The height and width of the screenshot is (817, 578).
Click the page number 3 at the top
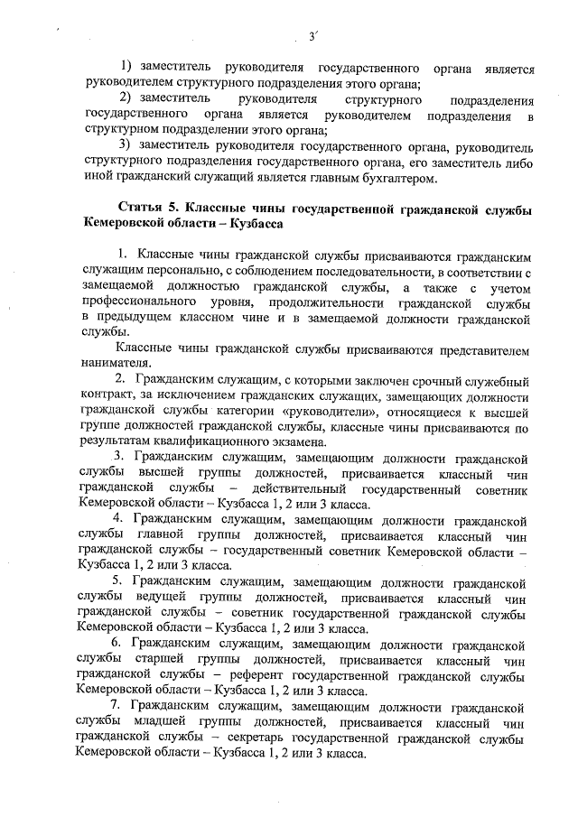click(311, 37)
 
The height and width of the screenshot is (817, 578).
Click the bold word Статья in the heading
click(138, 210)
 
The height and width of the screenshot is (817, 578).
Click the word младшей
click(160, 723)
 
